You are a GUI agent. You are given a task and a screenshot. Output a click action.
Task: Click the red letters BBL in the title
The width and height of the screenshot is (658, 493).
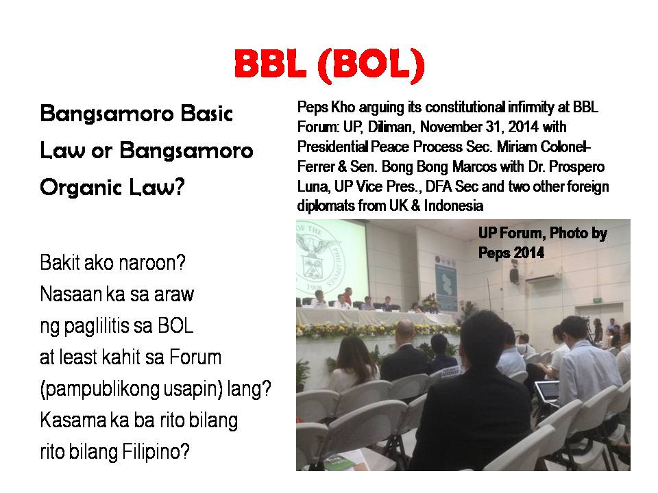click(x=270, y=64)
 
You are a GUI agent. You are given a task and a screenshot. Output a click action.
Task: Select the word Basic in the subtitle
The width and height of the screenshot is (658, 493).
click(x=206, y=114)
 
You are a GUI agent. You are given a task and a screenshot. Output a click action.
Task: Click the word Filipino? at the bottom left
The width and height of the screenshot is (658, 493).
click(x=156, y=452)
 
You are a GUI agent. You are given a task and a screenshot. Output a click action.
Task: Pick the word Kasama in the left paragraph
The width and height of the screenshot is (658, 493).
click(x=73, y=420)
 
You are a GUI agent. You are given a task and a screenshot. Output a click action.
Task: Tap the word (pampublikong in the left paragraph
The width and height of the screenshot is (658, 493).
click(x=100, y=390)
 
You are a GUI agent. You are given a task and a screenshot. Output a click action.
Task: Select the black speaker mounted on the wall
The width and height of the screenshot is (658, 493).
click(x=513, y=275)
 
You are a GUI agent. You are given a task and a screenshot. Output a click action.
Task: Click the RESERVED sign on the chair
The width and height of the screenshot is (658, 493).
click(x=450, y=372)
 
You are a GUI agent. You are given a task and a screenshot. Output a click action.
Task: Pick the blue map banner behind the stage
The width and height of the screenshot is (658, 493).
click(x=446, y=285)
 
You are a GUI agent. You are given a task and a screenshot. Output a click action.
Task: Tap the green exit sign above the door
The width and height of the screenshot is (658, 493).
click(x=598, y=300)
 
